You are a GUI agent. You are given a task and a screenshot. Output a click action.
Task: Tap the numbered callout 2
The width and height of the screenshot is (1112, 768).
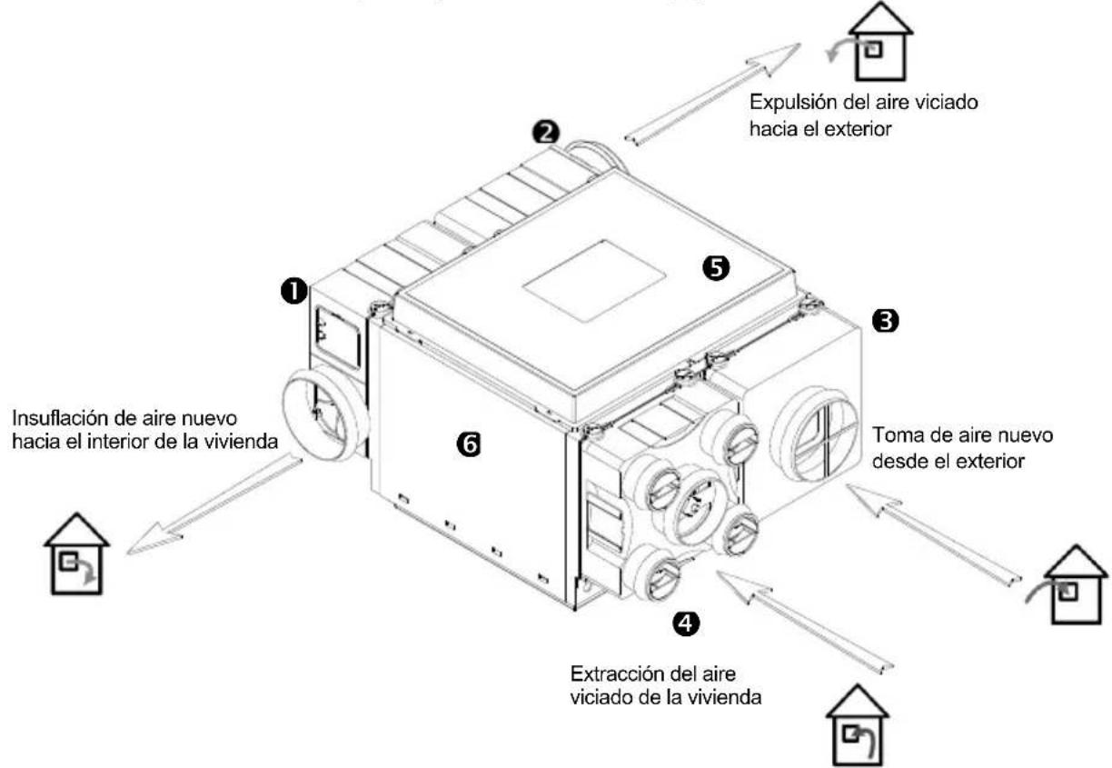(x=547, y=132)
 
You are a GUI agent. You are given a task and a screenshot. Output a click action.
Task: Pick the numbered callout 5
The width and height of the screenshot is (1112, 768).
(x=716, y=267)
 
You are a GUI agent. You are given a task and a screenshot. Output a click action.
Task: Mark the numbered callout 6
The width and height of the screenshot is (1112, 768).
(x=468, y=444)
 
